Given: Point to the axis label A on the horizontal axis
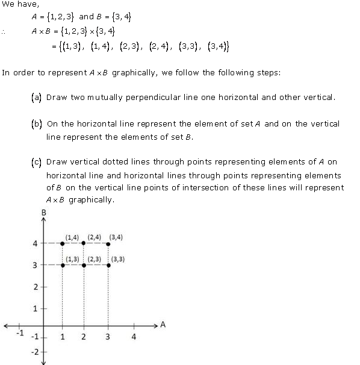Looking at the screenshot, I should point(163,325).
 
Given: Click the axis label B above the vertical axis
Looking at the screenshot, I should point(44,213).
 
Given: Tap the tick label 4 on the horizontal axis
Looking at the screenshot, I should point(134,337).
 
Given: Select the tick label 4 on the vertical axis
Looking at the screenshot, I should point(35,243).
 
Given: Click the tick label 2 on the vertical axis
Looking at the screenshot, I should point(35,287).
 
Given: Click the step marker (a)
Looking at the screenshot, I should point(36,97).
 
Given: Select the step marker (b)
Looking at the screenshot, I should point(36,124).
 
